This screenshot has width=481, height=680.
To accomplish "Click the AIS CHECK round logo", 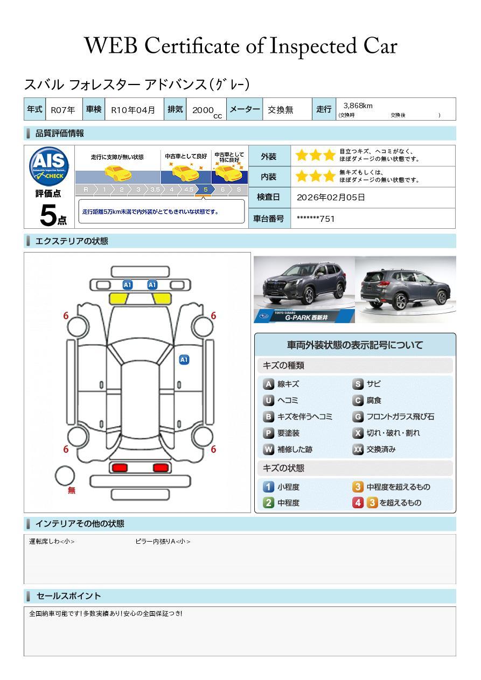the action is click(49, 166).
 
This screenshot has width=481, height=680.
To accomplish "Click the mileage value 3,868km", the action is click(358, 106).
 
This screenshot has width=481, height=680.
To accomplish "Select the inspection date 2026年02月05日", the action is click(331, 197).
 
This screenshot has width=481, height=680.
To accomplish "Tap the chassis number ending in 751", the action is click(316, 219).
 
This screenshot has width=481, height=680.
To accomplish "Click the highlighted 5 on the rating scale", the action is click(206, 190).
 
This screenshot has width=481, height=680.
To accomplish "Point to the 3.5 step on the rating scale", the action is click(155, 190).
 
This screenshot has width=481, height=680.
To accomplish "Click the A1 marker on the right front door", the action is click(184, 360).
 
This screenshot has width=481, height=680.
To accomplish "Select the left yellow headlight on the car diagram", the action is click(118, 299).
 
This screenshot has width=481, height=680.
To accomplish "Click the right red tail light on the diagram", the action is click(161, 467).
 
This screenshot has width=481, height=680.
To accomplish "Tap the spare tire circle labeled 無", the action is click(65, 476).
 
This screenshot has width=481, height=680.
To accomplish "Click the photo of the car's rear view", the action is click(406, 289).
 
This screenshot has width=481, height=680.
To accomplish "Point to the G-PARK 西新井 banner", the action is click(304, 317).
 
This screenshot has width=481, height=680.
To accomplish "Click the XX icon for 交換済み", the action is click(358, 449).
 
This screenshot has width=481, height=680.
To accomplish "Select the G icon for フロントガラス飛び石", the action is click(358, 417).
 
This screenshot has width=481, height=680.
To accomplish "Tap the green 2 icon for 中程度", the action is click(268, 502).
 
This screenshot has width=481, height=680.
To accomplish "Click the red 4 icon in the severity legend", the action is click(358, 502).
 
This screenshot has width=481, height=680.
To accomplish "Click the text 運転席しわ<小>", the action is click(52, 541).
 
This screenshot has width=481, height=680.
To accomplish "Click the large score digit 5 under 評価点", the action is click(48, 215).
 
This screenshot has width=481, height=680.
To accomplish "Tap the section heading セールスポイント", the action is click(68, 596).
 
